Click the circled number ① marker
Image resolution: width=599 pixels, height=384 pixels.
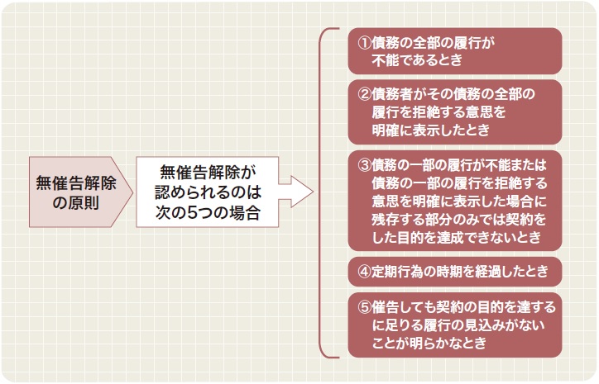tap(364, 43)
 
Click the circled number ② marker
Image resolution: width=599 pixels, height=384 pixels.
tap(364, 94)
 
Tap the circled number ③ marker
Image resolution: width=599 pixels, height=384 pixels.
tap(364, 164)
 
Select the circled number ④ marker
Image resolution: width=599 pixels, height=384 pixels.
tap(364, 272)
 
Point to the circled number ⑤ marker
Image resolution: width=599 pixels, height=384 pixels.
tap(364, 307)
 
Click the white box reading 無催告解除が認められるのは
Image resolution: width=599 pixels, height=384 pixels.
tap(208, 192)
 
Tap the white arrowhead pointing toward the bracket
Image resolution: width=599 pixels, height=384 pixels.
tap(302, 192)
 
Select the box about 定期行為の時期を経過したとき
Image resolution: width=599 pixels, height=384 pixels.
tap(455, 272)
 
